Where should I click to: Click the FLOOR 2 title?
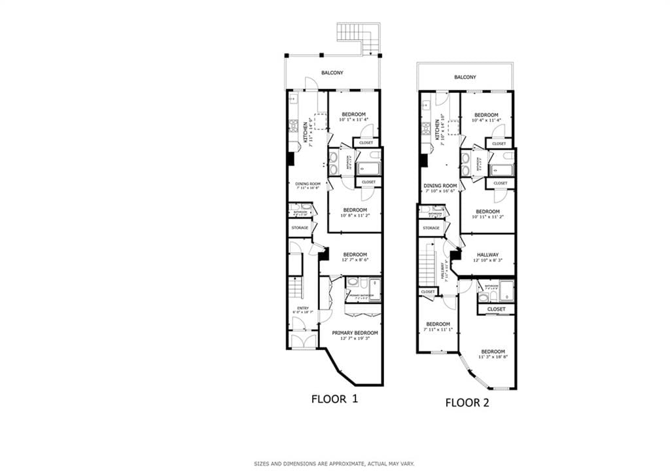point(467,403)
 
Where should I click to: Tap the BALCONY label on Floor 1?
point(332,73)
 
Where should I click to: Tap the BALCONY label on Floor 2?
point(465,77)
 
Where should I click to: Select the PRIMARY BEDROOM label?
point(355,333)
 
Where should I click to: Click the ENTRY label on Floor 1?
point(303,308)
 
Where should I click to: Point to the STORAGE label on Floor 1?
point(300,228)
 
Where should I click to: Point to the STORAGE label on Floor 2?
point(431,228)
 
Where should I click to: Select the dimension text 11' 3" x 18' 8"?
point(493,357)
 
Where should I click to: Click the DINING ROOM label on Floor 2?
point(440,186)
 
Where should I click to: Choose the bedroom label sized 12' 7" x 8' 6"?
point(355,254)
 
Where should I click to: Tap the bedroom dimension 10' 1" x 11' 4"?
point(355,120)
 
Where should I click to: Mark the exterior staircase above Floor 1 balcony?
point(359,37)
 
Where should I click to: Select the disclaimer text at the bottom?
point(334,464)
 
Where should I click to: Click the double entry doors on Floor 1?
point(303,340)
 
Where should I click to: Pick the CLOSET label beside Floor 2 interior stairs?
point(429,292)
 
